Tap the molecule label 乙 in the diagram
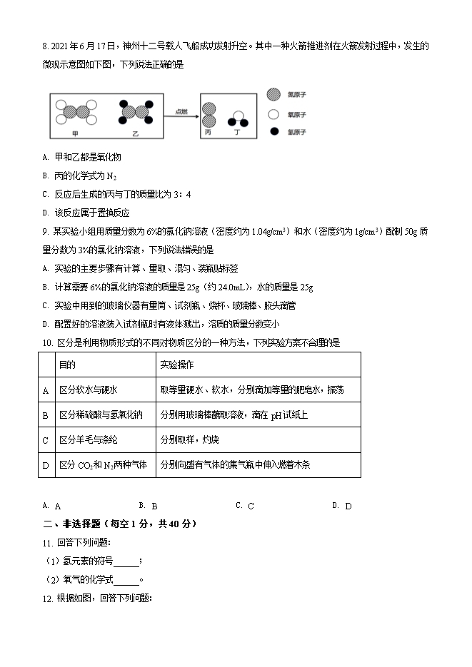(x=136, y=133)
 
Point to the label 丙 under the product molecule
(x=208, y=133)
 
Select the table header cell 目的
(x=67, y=365)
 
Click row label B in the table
(x=46, y=414)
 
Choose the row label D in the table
(x=46, y=464)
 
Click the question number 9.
(x=45, y=231)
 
